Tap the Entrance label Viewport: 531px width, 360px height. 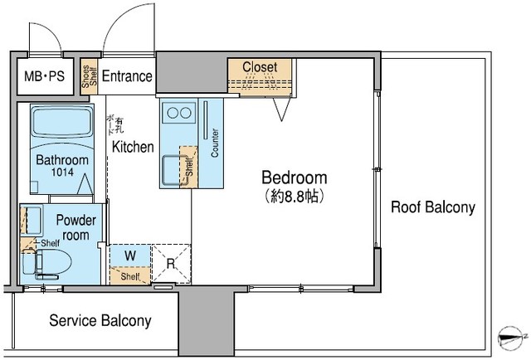127,77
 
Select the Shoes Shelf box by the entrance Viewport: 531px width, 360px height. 89,76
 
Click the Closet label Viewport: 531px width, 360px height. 265,67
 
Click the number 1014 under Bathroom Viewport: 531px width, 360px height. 61,173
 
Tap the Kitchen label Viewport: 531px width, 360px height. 133,147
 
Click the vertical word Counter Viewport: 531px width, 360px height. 215,144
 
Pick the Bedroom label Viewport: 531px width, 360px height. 294,178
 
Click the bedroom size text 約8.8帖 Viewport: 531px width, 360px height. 294,197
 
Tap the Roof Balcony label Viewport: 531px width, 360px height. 433,207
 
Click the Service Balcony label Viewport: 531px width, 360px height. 100,320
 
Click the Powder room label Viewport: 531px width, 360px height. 76,227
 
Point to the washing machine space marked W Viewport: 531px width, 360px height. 130,255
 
